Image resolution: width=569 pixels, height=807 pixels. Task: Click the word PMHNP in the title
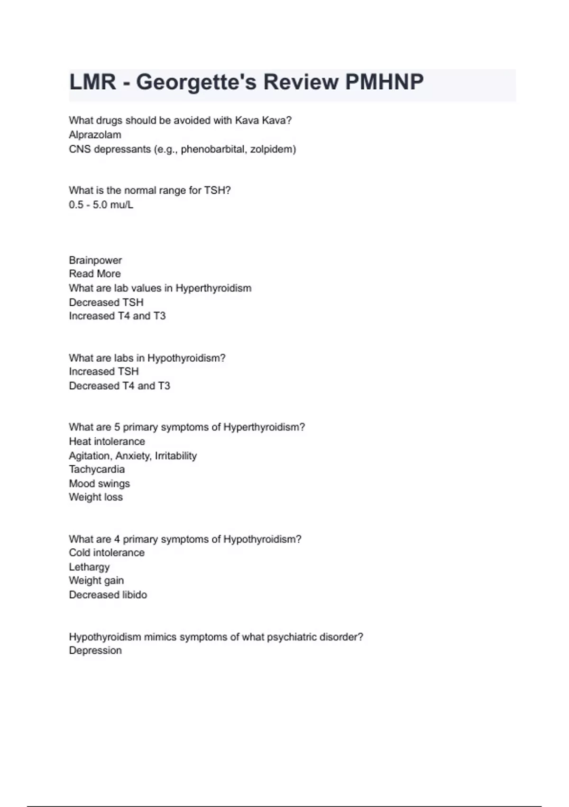[x=384, y=82]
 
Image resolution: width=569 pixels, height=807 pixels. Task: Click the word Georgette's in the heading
[x=196, y=82]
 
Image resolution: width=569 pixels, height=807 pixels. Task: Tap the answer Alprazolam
[x=95, y=135]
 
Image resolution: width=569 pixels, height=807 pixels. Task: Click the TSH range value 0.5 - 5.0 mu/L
[x=101, y=205]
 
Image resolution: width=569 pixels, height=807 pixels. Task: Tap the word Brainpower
[x=95, y=260]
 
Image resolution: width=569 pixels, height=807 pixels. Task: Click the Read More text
[x=95, y=274]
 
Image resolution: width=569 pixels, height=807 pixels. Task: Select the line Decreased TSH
[x=106, y=302]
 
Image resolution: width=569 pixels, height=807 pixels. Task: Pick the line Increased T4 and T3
[x=117, y=316]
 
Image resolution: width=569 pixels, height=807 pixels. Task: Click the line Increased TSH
[x=104, y=371]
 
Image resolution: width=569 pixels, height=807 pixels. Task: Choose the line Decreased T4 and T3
[x=119, y=385]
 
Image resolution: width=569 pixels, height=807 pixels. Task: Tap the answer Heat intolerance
[x=107, y=441]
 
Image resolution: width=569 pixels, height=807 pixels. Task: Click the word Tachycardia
[x=97, y=469]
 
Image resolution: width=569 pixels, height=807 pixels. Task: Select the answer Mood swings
[x=100, y=483]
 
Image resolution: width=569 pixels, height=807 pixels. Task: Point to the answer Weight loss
[x=96, y=497]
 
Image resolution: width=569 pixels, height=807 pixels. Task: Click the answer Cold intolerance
[x=107, y=553]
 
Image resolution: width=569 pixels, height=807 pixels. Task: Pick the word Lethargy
[x=89, y=567]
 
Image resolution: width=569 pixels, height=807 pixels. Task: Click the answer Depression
[x=95, y=650]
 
